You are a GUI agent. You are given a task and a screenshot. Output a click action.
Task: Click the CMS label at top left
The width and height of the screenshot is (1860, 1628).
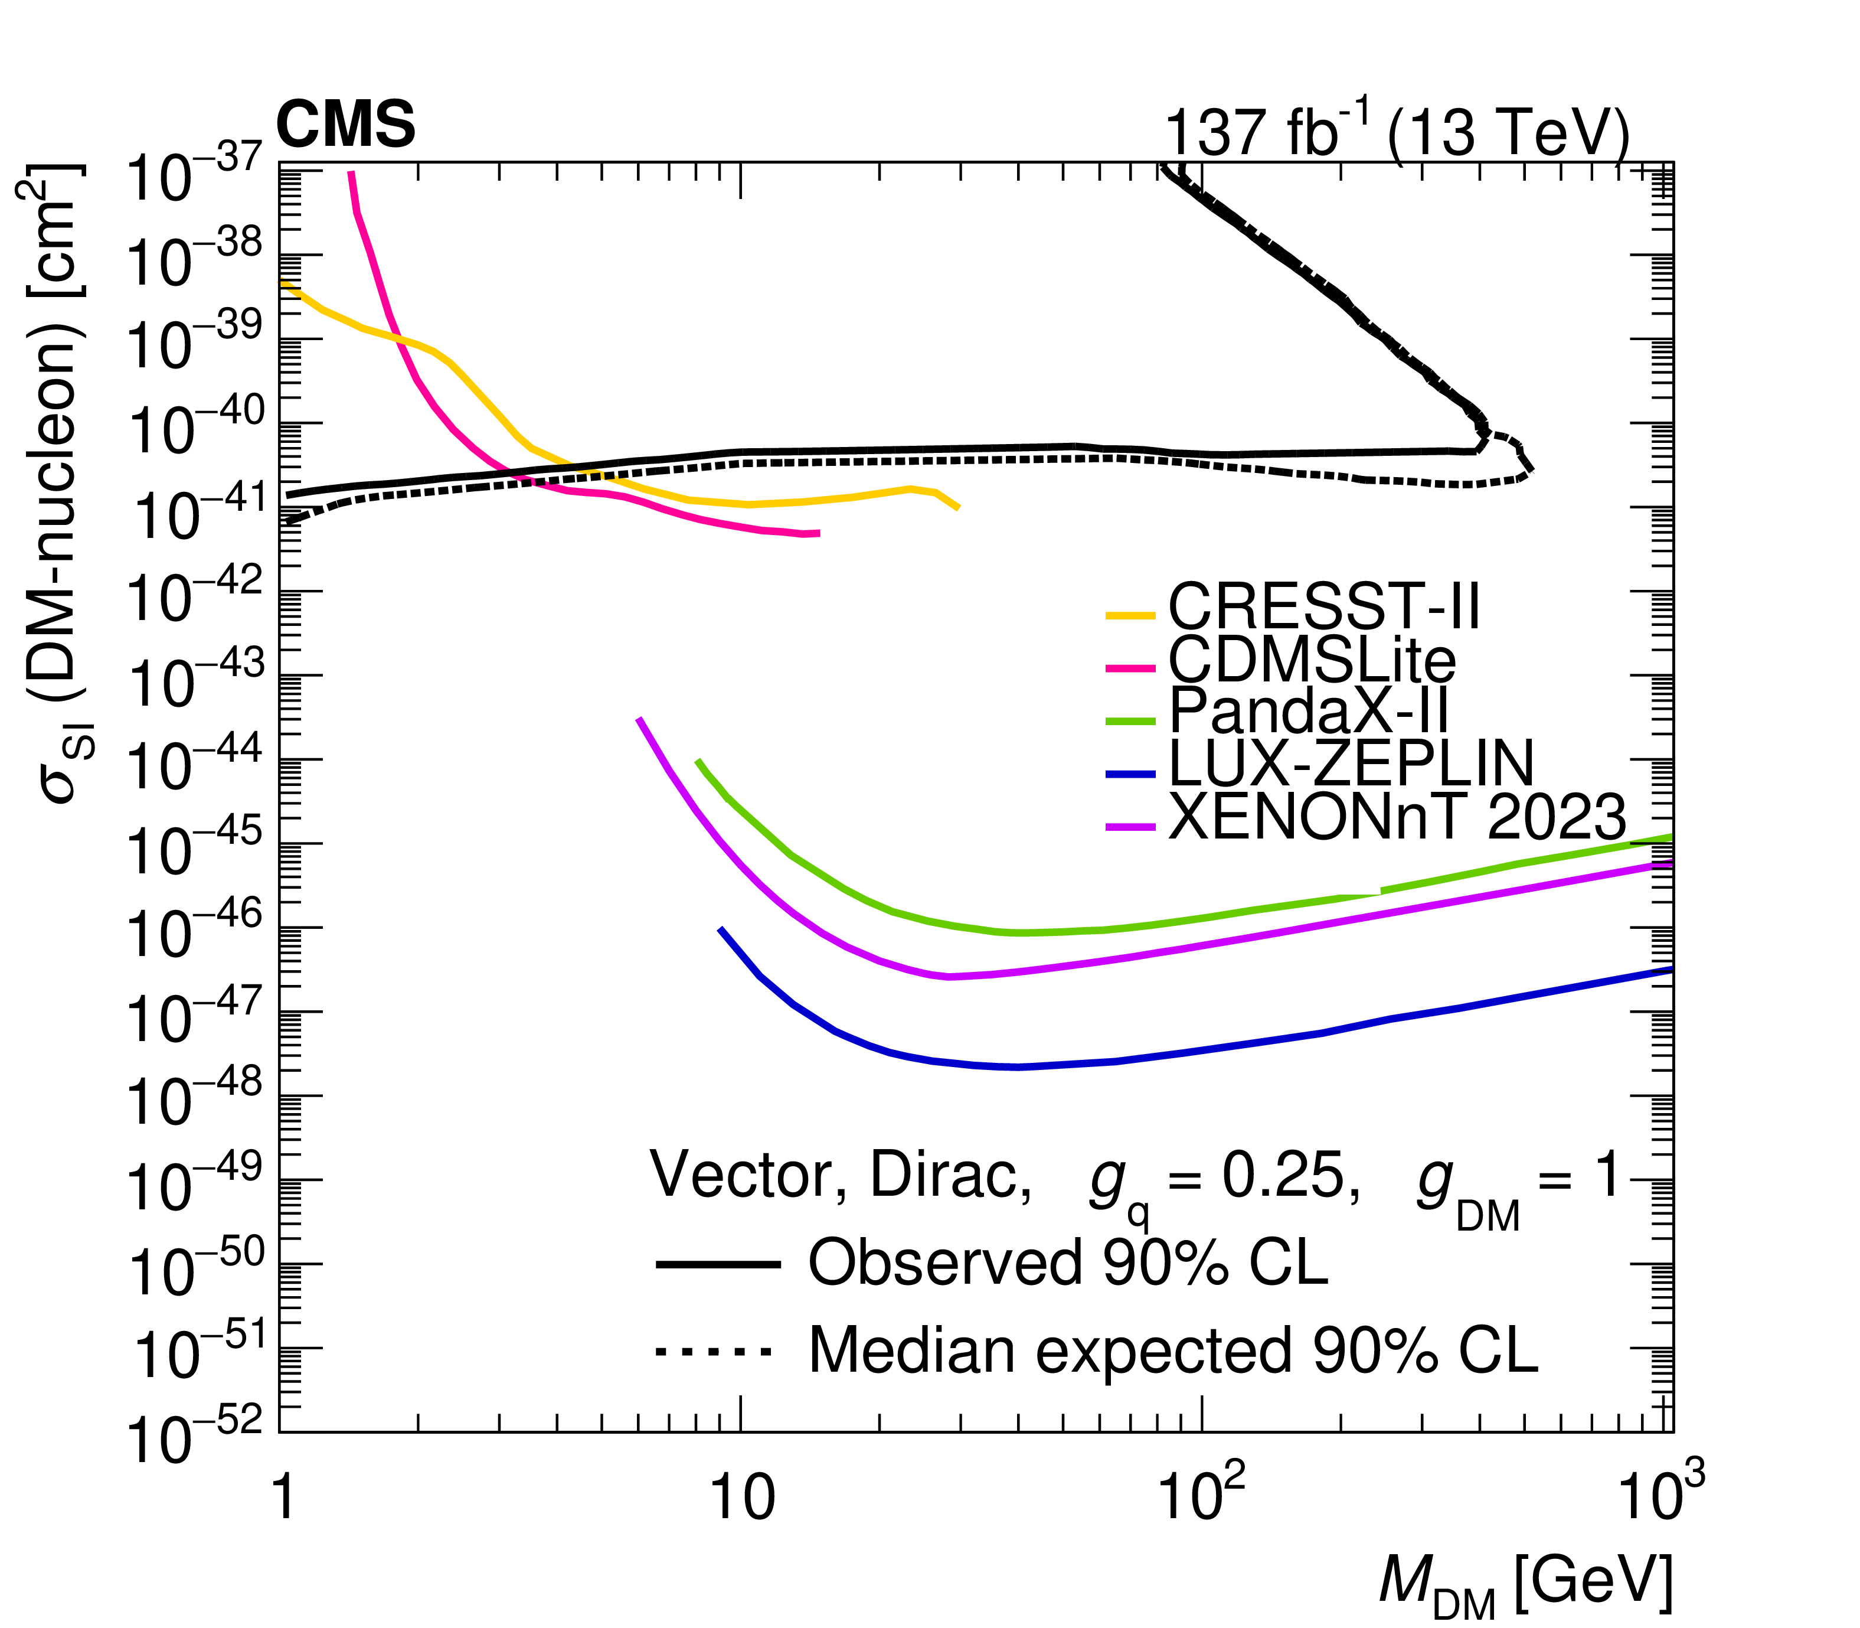345,125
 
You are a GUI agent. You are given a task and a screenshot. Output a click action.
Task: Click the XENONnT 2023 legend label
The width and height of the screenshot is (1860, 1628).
1396,817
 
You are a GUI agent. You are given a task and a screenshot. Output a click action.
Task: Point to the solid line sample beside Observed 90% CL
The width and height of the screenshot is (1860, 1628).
717,1265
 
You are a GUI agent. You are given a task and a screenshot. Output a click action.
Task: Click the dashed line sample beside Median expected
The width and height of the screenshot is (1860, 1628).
714,1351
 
